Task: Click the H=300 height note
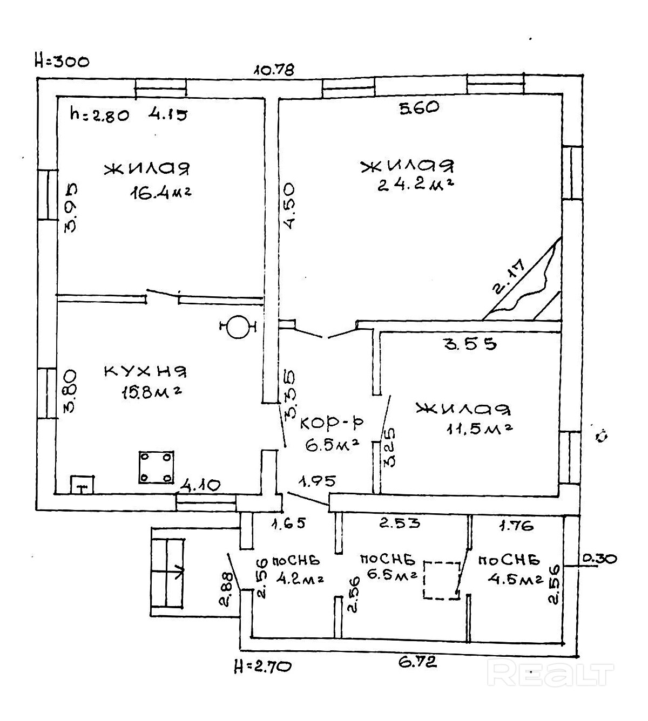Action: click(62, 61)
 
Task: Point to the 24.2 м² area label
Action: click(415, 185)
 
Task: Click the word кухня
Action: click(145, 371)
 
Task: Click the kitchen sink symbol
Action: click(82, 484)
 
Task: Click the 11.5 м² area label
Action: click(479, 429)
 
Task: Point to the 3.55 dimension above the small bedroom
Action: click(470, 344)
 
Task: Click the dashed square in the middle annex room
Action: click(441, 580)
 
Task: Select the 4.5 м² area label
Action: click(515, 580)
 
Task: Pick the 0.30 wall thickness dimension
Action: click(600, 559)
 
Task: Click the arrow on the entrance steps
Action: click(179, 569)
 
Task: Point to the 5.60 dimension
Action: click(418, 108)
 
